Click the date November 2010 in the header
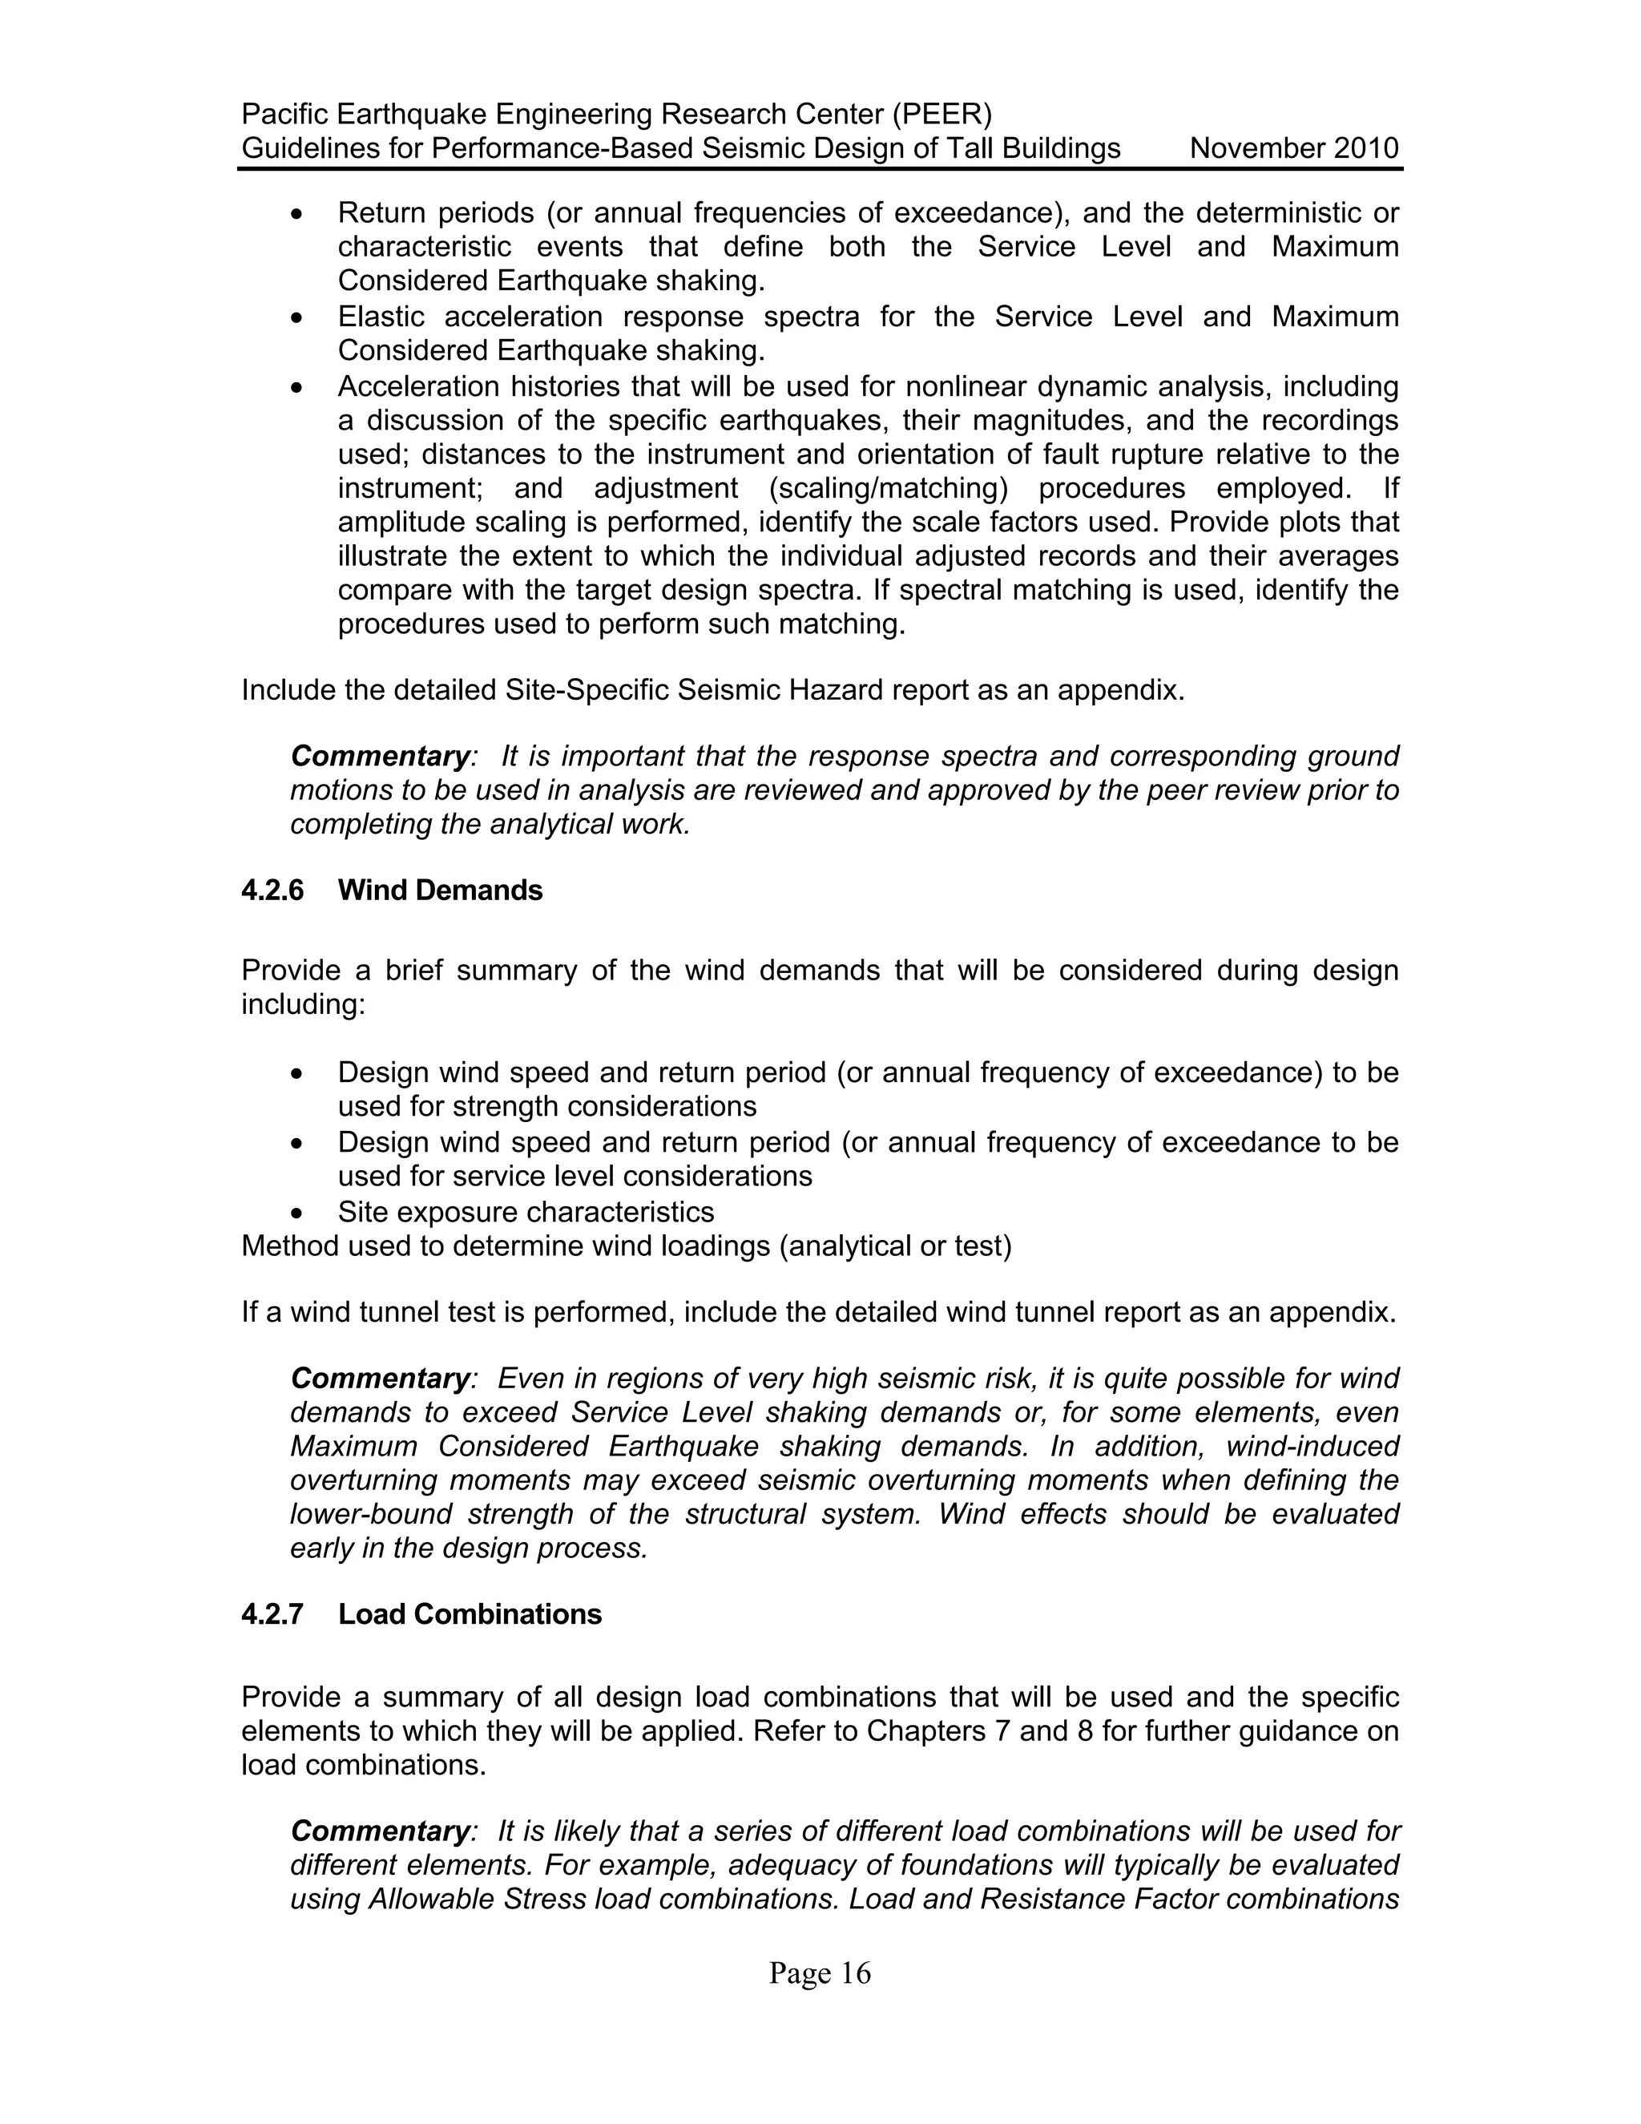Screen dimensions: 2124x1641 click(x=1294, y=149)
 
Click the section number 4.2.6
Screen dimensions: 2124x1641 click(x=272, y=890)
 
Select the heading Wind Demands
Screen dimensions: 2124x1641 click(x=441, y=890)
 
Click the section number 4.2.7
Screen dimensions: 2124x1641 click(x=272, y=1614)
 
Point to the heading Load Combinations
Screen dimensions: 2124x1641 click(x=470, y=1614)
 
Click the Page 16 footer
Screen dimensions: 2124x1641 click(x=820, y=1973)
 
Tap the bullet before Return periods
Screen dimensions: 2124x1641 click(x=298, y=213)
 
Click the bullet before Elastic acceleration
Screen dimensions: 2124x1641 click(x=298, y=318)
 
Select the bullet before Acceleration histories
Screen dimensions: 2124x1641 click(x=298, y=388)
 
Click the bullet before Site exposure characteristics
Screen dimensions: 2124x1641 click(x=298, y=1213)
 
